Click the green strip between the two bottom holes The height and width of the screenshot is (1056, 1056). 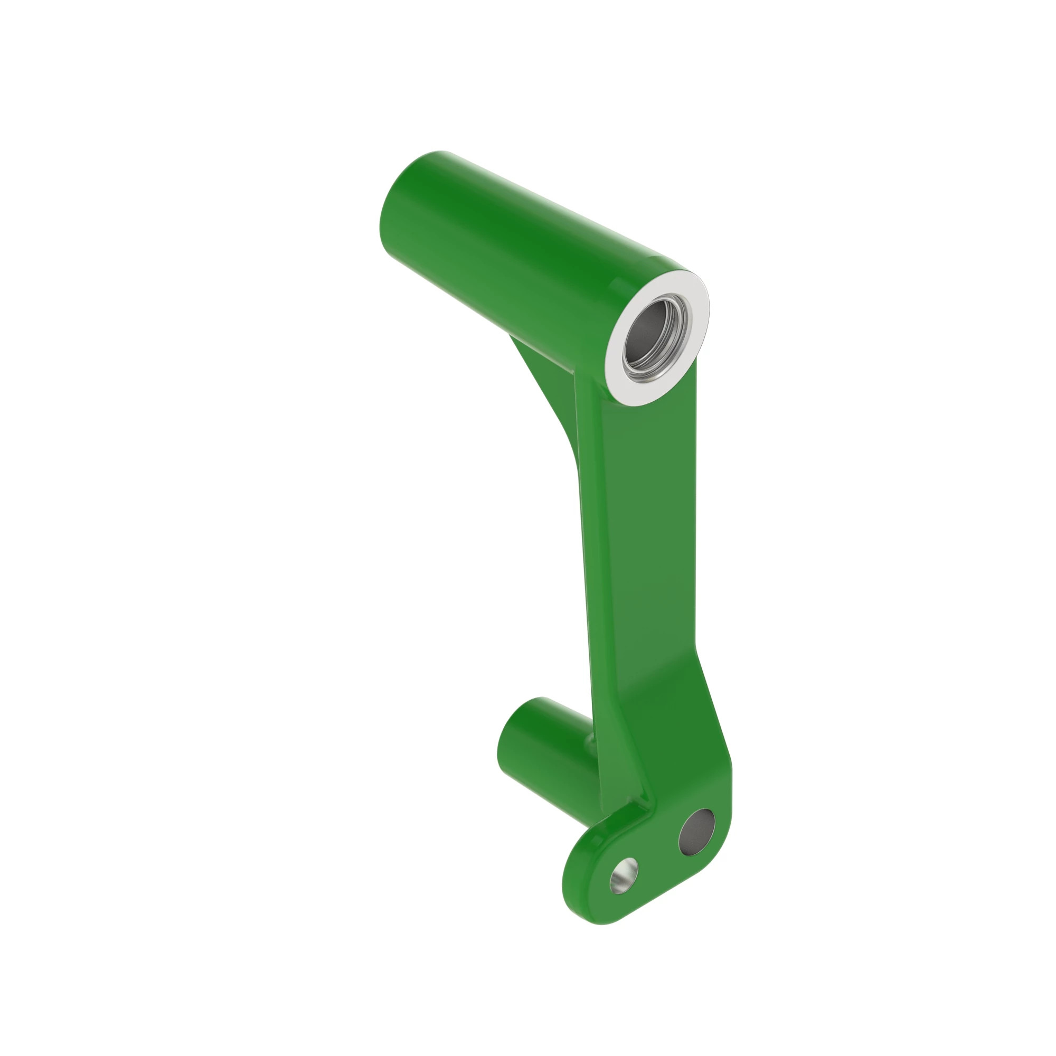pyautogui.click(x=658, y=855)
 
